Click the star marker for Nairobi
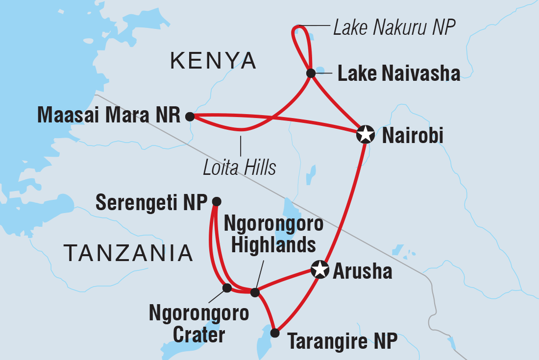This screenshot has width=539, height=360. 365,134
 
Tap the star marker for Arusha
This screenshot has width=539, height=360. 319,269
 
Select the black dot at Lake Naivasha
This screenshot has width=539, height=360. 310,73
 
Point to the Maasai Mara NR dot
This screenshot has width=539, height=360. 190,117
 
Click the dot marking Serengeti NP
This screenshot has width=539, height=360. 217,201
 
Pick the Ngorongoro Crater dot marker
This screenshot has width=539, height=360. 227,288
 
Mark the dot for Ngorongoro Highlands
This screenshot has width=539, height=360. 255,292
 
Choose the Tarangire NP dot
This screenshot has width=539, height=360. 275,333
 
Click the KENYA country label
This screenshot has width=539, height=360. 213,61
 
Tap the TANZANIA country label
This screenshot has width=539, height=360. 128,253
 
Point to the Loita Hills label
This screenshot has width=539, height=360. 240,168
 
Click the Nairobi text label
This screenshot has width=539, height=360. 413,136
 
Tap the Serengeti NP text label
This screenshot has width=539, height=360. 152,202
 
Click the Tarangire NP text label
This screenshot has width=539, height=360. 342,341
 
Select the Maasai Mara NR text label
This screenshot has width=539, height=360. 109,116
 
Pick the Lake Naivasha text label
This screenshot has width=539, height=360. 399,73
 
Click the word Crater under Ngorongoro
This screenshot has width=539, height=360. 198,336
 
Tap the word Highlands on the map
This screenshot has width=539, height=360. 273,244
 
